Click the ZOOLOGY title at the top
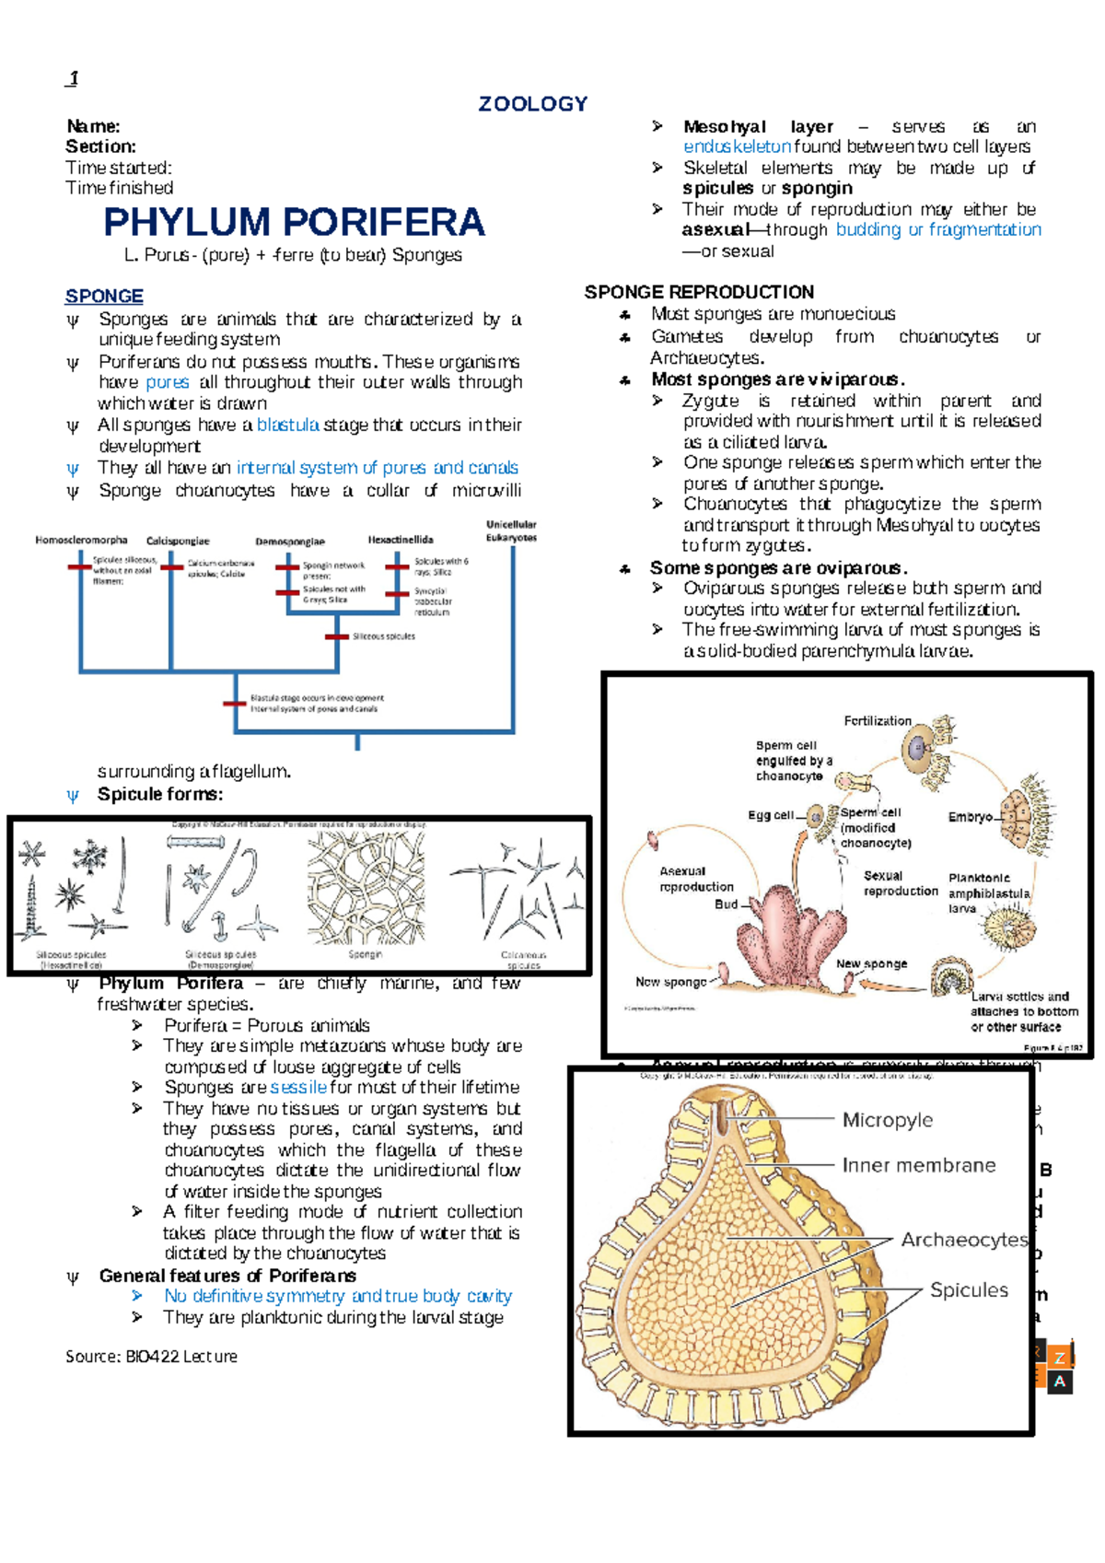click(532, 104)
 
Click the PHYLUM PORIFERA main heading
click(294, 222)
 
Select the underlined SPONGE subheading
click(104, 296)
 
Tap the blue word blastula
click(287, 425)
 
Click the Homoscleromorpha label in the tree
click(81, 540)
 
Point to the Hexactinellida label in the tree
click(401, 540)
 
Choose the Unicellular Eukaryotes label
click(511, 531)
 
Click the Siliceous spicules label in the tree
click(384, 636)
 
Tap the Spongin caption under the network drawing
click(365, 954)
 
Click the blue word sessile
click(298, 1087)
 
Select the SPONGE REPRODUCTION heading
click(699, 292)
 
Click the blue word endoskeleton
click(737, 146)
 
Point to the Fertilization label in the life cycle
click(878, 720)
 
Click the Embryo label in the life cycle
click(970, 817)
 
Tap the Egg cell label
click(771, 815)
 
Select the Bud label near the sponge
click(726, 904)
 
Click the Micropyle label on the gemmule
click(887, 1120)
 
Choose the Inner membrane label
click(918, 1165)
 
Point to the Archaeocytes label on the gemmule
click(964, 1240)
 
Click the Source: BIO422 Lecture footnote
click(151, 1356)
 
